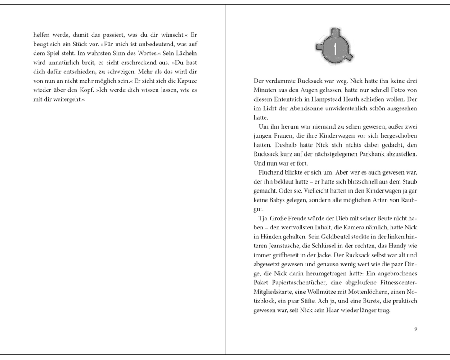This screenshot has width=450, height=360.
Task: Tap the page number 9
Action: point(416,329)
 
